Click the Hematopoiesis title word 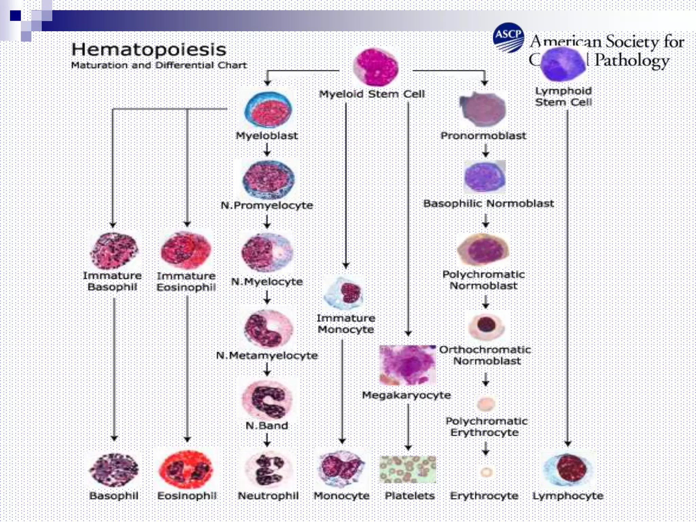[x=149, y=50]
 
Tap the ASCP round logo [x=508, y=37]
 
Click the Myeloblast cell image [x=268, y=110]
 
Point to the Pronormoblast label [x=483, y=136]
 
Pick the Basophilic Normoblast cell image [x=485, y=177]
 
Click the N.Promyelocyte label [x=267, y=205]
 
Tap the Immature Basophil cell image [x=114, y=250]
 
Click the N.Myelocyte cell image [x=267, y=251]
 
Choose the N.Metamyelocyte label [x=267, y=355]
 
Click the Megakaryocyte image [x=407, y=365]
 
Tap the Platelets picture [x=407, y=469]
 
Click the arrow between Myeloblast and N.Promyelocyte [x=267, y=150]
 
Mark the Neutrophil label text [x=268, y=496]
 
